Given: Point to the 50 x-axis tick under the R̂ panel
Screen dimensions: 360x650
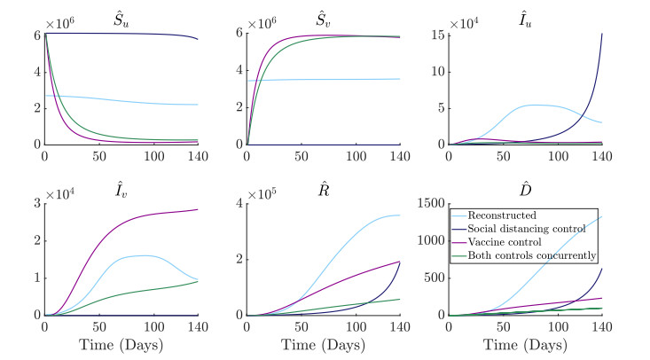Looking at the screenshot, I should click(302, 328).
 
